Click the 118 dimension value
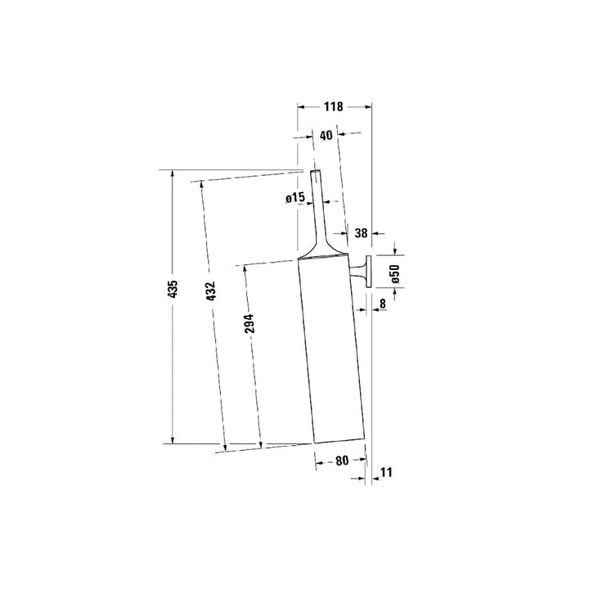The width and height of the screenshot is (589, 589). (x=334, y=106)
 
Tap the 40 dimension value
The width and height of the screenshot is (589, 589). (x=326, y=135)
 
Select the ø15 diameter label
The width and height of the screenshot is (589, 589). (x=294, y=198)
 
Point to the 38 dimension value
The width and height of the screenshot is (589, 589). (x=361, y=233)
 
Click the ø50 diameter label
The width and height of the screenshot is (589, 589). (x=394, y=273)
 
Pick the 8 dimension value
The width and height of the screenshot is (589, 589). (x=382, y=303)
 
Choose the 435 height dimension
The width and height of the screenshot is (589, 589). (x=172, y=289)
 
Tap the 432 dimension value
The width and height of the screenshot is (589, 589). (x=211, y=290)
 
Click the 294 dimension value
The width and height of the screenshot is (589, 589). (x=249, y=323)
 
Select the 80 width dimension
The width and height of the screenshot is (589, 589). (x=342, y=461)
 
